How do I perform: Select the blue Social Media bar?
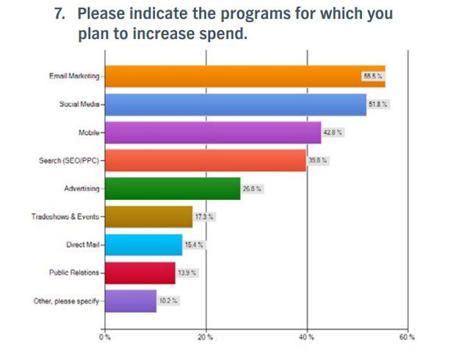pyautogui.click(x=235, y=104)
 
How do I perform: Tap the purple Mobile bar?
pyautogui.click(x=213, y=133)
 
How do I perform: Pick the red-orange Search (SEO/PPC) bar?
pyautogui.click(x=206, y=160)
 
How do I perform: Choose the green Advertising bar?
pyautogui.click(x=173, y=189)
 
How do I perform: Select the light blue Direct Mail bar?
pyautogui.click(x=144, y=245)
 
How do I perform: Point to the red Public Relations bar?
pyautogui.click(x=140, y=273)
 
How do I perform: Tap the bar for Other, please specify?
pyautogui.click(x=131, y=300)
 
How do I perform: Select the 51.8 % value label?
pyautogui.click(x=378, y=104)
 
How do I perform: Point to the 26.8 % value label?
pyautogui.click(x=252, y=189)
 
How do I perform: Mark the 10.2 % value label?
pyautogui.click(x=168, y=300)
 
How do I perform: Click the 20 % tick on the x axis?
pyautogui.click(x=206, y=337)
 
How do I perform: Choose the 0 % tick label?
pyautogui.click(x=105, y=337)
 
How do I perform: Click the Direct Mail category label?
pyautogui.click(x=82, y=245)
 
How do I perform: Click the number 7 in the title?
pyautogui.click(x=62, y=13)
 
